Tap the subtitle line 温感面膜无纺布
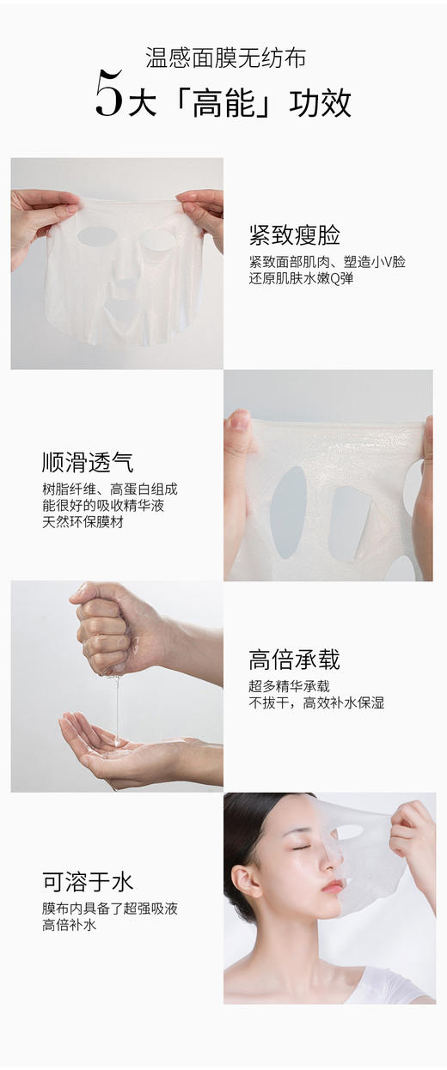click(x=226, y=58)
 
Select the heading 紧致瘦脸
click(x=294, y=234)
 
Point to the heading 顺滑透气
click(x=88, y=462)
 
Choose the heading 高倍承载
click(x=294, y=660)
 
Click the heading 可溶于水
click(x=88, y=882)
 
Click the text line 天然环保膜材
click(x=83, y=522)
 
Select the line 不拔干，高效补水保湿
click(x=316, y=702)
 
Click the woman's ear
click(x=243, y=880)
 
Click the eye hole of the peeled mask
click(x=348, y=832)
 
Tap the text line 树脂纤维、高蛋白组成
click(x=110, y=489)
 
